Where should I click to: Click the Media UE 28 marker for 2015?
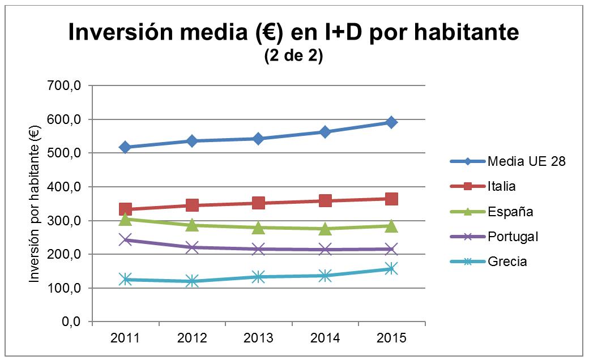391,122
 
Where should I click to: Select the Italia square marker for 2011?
126,209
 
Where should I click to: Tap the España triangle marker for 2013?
258,228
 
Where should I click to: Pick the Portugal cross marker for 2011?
126,240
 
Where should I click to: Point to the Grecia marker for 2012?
192,281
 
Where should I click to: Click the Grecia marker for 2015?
391,269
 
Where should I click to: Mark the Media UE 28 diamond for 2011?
126,147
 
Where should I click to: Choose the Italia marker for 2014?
325,200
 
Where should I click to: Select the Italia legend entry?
501,186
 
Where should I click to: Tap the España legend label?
510,212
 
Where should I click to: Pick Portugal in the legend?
513,237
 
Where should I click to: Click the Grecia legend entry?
507,262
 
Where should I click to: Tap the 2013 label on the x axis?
258,338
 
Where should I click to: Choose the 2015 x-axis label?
391,338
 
